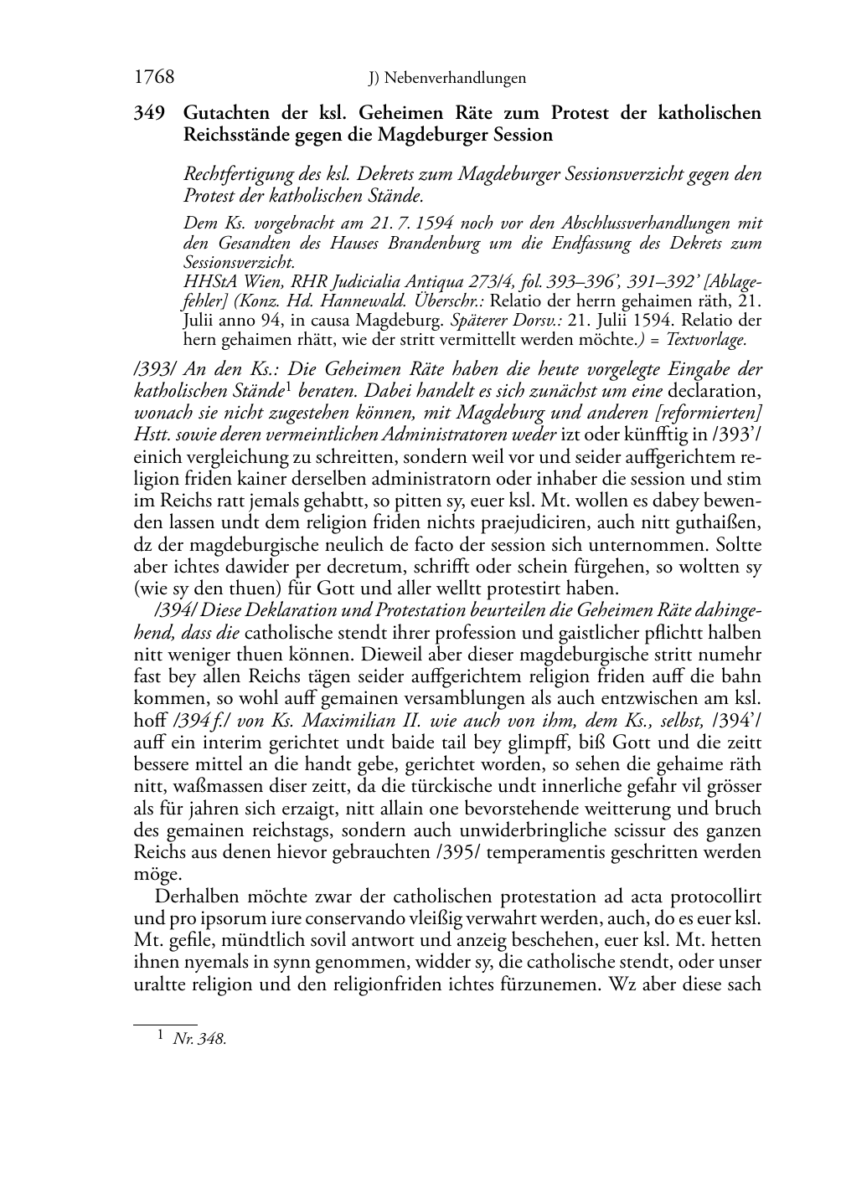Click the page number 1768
click(154, 78)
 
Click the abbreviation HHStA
click(206, 282)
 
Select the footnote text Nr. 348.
click(199, 1039)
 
